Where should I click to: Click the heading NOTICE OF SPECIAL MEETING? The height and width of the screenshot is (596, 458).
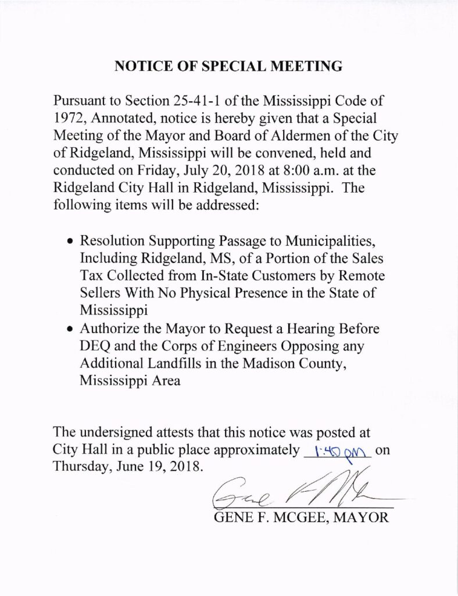228,66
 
